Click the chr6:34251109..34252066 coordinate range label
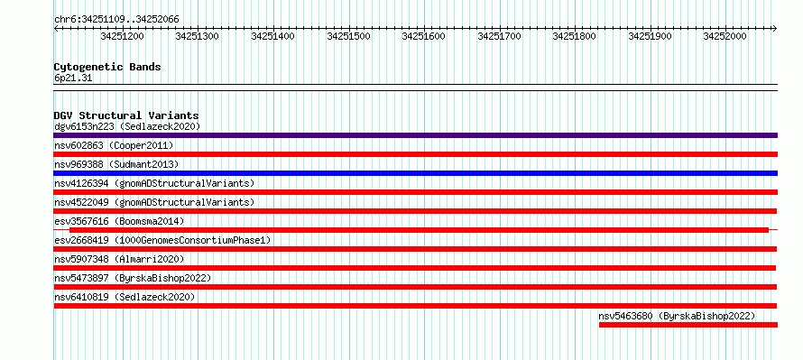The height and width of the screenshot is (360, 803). [116, 20]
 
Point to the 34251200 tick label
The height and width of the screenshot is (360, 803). [123, 36]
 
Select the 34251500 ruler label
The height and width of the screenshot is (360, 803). [348, 36]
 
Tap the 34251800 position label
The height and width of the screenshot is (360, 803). [574, 36]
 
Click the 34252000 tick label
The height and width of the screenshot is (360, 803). [725, 36]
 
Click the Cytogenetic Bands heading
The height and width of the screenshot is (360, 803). [107, 67]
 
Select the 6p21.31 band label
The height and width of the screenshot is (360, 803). [73, 78]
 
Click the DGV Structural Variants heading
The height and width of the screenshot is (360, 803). [126, 115]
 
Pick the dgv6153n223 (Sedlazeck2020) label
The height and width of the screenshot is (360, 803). [127, 126]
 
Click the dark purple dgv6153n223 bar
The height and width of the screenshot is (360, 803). [415, 135]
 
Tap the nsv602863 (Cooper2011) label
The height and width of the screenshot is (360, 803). [114, 145]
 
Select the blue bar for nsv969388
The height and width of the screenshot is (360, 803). [415, 173]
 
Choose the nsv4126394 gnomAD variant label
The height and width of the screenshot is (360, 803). [154, 183]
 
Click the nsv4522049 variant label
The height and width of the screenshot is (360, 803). [154, 202]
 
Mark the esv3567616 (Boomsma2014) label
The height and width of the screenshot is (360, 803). [119, 221]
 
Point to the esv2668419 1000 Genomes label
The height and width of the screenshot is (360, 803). [162, 240]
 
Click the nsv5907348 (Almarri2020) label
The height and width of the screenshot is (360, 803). [119, 259]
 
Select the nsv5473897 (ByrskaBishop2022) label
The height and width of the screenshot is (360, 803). [133, 278]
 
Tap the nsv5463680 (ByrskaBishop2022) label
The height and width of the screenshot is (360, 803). [677, 316]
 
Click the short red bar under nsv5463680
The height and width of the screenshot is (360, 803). [688, 325]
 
